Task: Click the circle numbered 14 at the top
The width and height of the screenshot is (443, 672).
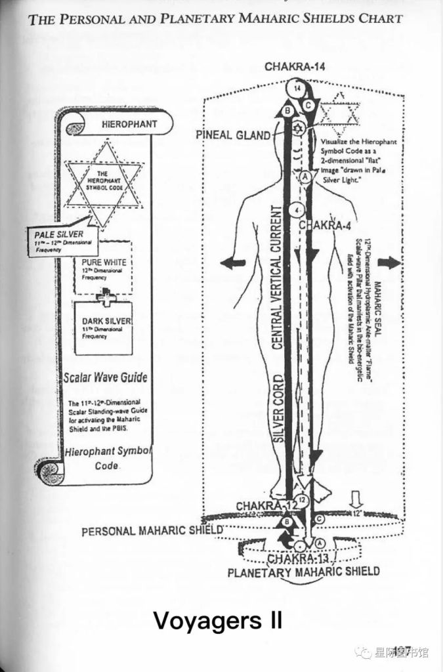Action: point(298,87)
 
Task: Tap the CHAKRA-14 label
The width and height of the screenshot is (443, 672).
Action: point(295,66)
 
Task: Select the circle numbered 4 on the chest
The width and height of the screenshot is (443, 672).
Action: point(298,211)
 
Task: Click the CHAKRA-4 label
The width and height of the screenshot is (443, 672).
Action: point(326,226)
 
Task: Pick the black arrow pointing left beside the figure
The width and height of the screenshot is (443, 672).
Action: point(233,263)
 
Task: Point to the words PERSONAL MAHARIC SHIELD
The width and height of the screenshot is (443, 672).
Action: point(152,530)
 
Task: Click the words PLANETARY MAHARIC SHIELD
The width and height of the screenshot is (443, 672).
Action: point(303,572)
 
